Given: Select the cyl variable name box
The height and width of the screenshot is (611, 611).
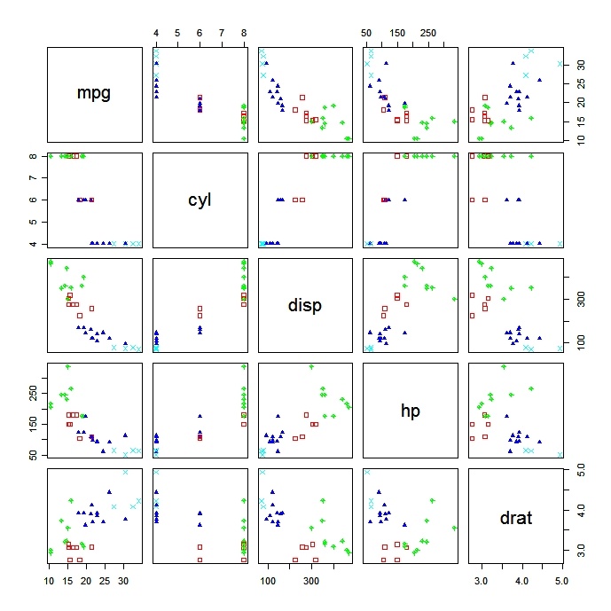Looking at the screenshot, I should (x=199, y=200).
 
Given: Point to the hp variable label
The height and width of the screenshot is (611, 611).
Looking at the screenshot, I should (x=409, y=411).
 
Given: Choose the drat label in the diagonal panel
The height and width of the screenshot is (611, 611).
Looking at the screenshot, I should (x=515, y=517).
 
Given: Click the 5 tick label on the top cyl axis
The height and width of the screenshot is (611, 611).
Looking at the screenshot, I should (x=177, y=33).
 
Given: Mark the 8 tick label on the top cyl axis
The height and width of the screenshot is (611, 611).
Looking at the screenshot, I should (x=244, y=33).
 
